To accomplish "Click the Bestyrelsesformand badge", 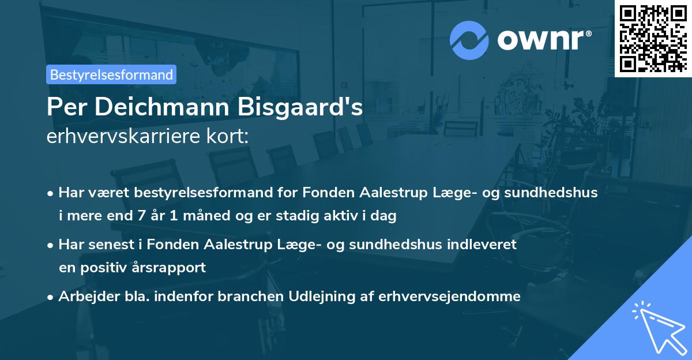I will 111,74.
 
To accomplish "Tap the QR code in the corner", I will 653,38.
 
